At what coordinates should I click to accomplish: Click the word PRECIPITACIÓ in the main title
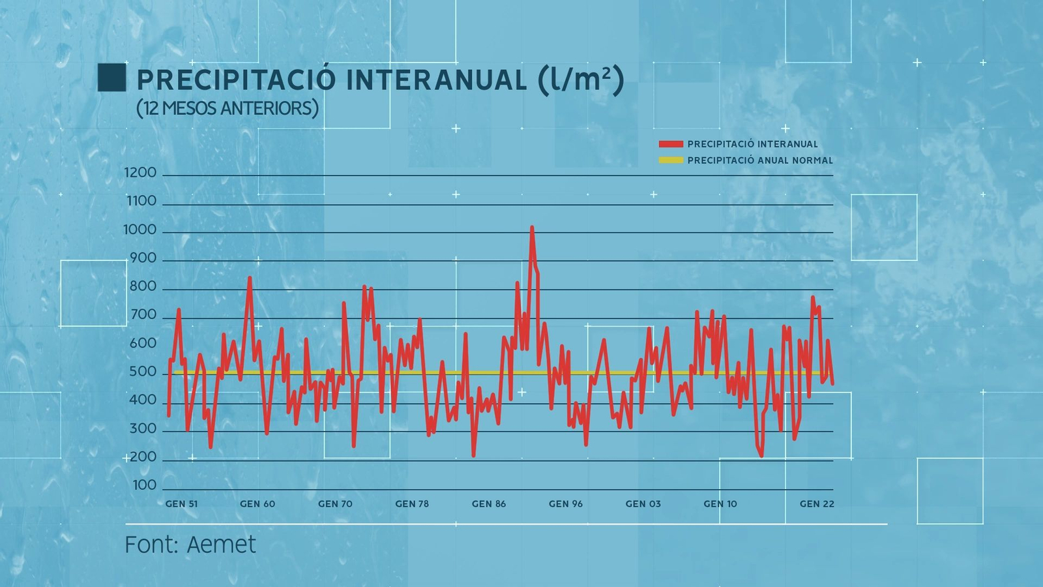click(x=236, y=80)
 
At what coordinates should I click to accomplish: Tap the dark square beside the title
click(x=111, y=77)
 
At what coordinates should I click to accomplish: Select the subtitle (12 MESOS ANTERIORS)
click(x=228, y=108)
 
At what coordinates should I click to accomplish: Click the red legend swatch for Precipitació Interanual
click(x=671, y=144)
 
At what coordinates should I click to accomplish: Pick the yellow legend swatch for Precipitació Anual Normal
click(x=671, y=160)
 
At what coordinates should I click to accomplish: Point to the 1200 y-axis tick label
click(x=140, y=173)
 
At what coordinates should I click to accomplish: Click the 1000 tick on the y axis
click(x=140, y=230)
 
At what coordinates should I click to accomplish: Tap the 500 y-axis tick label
click(x=143, y=372)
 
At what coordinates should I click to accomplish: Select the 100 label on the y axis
click(x=144, y=485)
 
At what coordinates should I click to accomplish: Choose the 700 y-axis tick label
click(x=143, y=315)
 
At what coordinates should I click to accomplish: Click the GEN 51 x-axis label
click(x=181, y=504)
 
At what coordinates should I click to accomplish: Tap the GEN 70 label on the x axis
click(x=335, y=504)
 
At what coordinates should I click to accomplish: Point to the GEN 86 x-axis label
click(x=489, y=504)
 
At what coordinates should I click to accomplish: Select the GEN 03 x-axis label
click(x=643, y=504)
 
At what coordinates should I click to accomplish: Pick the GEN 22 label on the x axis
click(x=817, y=504)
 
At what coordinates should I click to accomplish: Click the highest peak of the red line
click(x=532, y=228)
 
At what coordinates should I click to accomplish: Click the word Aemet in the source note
click(x=222, y=545)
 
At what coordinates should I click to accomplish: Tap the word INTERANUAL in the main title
click(x=436, y=80)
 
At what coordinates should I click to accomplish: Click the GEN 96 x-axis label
click(x=566, y=504)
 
